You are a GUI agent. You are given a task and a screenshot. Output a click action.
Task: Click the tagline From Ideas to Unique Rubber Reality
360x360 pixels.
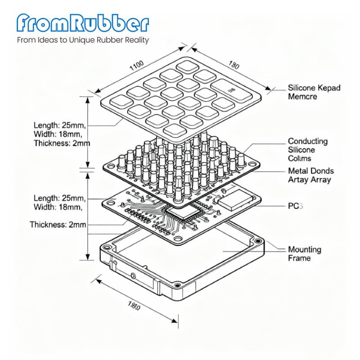[x=83, y=40]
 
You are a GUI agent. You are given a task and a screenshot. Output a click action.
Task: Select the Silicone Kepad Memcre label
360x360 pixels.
[x=314, y=92]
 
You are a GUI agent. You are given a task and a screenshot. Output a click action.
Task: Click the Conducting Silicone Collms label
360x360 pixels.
[x=308, y=150]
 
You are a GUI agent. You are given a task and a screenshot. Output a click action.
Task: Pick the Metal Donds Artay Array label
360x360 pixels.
[x=310, y=175]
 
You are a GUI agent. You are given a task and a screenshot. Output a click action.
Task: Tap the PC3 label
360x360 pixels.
[x=296, y=206]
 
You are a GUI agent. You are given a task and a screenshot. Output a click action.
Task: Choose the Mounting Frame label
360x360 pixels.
[x=305, y=253]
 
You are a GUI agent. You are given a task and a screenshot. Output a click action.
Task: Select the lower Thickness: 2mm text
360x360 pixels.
[x=58, y=224]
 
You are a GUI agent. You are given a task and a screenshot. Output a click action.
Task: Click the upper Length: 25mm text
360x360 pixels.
[x=60, y=125]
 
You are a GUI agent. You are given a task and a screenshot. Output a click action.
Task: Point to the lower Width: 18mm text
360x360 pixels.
[x=58, y=207]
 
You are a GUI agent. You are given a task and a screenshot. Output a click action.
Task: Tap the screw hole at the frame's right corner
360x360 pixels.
[x=257, y=241]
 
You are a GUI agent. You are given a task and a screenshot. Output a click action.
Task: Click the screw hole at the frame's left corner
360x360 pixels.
[x=107, y=246]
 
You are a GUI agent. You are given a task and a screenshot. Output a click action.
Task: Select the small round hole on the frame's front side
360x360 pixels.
[x=133, y=274]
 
